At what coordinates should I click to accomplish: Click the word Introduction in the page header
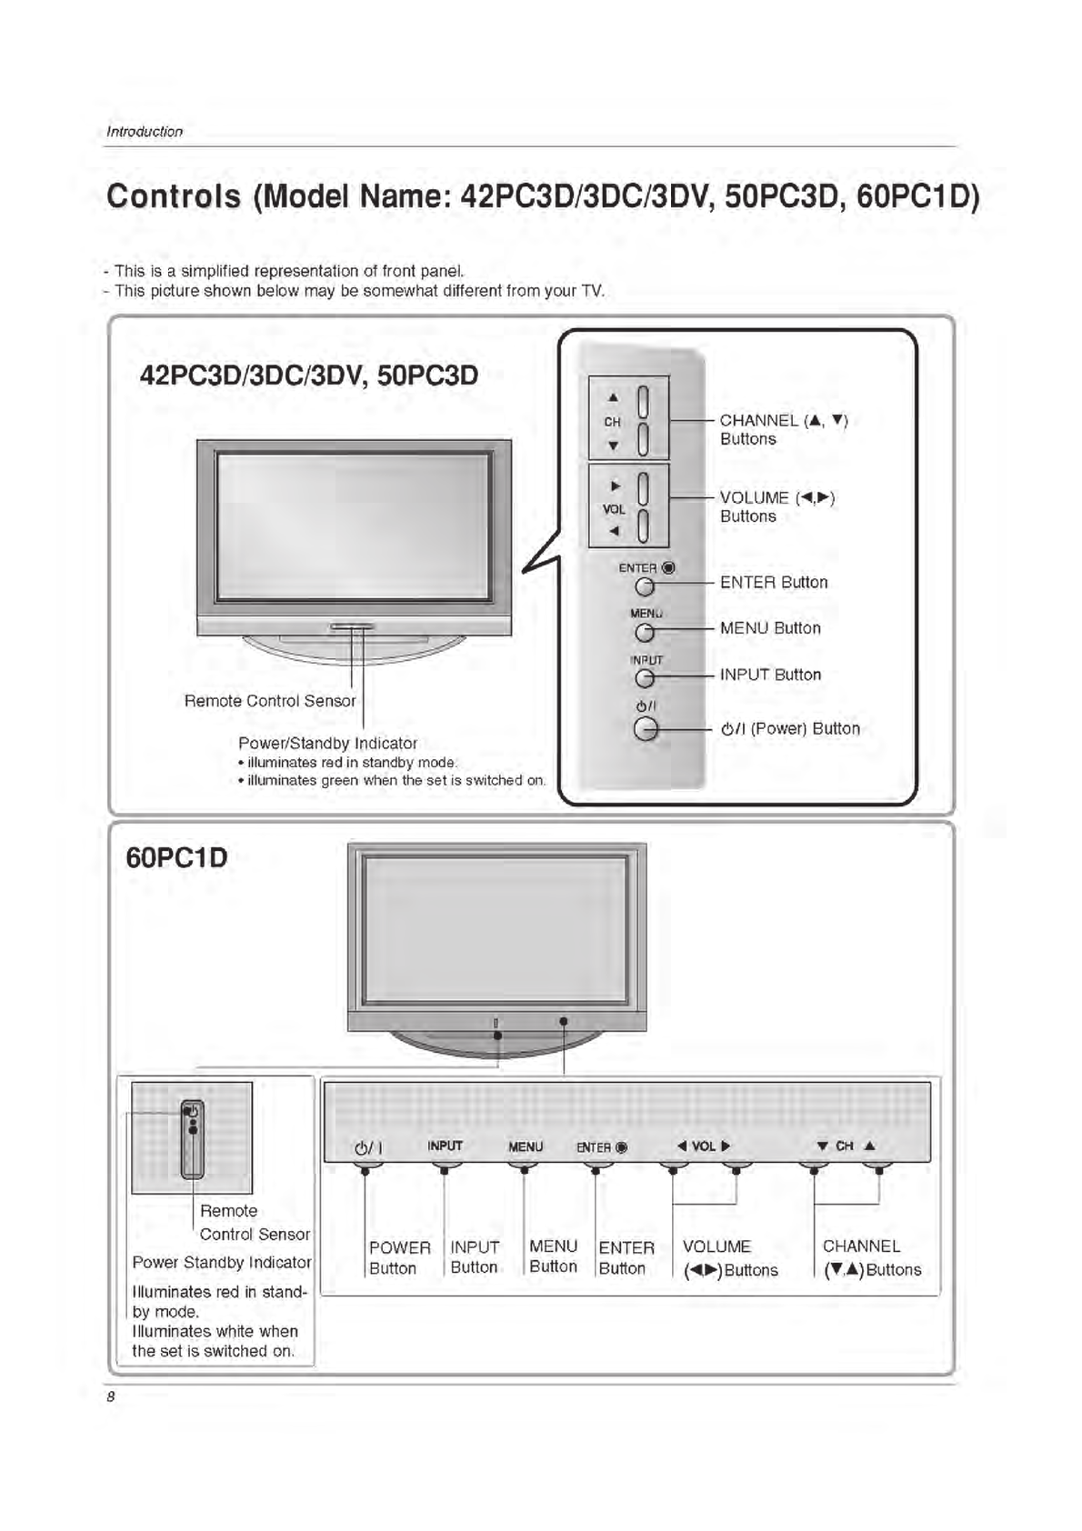coord(145,132)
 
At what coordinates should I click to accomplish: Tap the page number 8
coord(111,1397)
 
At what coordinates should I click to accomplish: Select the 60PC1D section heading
coord(176,857)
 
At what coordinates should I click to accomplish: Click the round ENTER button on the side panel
coord(645,587)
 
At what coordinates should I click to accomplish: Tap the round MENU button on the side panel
coord(645,633)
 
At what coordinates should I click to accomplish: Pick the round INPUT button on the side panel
coord(645,678)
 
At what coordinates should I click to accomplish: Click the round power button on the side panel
coord(646,729)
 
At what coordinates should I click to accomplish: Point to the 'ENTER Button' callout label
coord(774,583)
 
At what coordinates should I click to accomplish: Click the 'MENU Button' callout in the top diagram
coord(770,628)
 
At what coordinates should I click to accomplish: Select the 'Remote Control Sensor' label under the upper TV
coord(270,701)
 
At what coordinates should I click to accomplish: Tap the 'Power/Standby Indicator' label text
coord(327,743)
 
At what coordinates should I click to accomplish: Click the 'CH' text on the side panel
coord(612,422)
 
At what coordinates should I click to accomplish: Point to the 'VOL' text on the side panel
coord(614,509)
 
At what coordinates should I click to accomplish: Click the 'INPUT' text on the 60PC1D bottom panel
coord(445,1146)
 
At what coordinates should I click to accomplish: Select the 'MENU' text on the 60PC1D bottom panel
coord(526,1147)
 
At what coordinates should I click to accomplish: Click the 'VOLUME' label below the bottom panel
coord(716,1246)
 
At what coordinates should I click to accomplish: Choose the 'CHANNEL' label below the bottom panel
coord(861,1246)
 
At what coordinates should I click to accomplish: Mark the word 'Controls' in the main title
coord(174,196)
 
